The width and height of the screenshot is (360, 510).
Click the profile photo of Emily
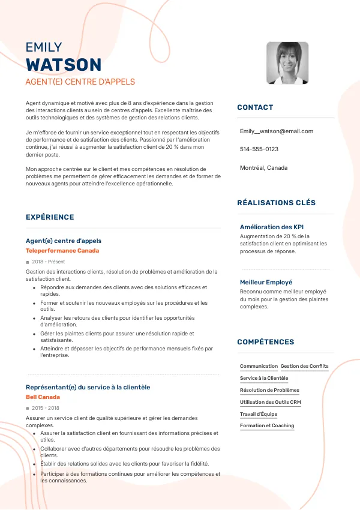(287, 62)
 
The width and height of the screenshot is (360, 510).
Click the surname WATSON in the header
(64, 65)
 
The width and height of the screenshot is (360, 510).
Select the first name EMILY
(44, 47)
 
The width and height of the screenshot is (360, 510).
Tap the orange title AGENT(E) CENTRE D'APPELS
(80, 82)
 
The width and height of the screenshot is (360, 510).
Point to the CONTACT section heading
(255, 107)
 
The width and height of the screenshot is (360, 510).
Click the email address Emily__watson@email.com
(277, 131)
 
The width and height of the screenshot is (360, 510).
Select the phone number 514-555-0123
(259, 149)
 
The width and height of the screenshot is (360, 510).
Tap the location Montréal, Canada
(263, 167)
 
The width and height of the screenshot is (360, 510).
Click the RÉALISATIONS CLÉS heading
(276, 203)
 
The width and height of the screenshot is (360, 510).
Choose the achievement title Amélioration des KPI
(272, 227)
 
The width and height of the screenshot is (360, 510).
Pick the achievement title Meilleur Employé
(266, 282)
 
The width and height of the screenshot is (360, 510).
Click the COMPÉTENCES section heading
(265, 342)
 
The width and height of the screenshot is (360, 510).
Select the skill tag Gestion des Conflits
(304, 366)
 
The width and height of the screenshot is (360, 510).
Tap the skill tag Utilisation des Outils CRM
(270, 402)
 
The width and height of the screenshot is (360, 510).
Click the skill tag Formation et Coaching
(267, 425)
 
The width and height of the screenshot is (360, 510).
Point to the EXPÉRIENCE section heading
(50, 217)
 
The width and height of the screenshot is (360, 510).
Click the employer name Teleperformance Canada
(62, 250)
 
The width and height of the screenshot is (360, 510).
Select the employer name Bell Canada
(43, 397)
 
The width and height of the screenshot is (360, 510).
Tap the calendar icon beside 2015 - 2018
(28, 408)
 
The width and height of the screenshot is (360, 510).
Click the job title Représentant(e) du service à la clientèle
(88, 387)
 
